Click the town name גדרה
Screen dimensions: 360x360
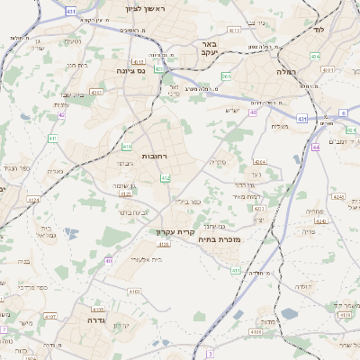(x=98, y=319)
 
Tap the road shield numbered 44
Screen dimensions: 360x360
(x=316, y=147)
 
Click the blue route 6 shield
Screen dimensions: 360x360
(x=343, y=113)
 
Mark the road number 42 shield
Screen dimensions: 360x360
(x=61, y=115)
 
